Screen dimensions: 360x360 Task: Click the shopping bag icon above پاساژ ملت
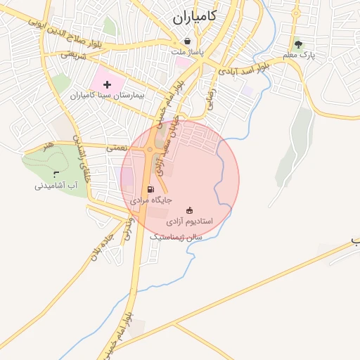tap(187, 41)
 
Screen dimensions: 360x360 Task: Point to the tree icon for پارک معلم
tap(298, 43)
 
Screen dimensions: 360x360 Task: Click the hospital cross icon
tap(108, 84)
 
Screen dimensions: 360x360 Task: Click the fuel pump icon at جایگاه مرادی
tap(150, 189)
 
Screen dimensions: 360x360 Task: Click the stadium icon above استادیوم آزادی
tap(188, 210)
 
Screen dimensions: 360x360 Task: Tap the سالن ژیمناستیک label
tap(176, 238)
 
